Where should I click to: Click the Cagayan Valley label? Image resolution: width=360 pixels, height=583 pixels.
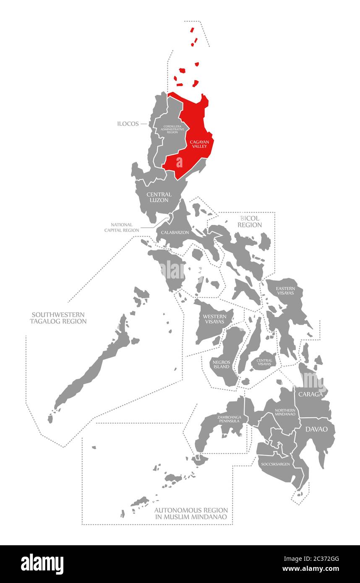coord(200,144)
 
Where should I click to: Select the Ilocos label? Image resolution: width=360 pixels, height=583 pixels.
coord(128,124)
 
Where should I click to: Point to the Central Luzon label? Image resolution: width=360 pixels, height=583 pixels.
coord(159,197)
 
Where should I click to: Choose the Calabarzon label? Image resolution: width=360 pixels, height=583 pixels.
coord(175,232)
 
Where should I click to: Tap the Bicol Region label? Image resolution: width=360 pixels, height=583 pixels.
coord(250,221)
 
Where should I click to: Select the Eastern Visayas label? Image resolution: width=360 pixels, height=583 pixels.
coord(285,291)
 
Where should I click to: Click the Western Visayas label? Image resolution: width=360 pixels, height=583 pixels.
coord(214,319)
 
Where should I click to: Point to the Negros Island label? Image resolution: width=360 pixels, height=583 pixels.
coord(221,364)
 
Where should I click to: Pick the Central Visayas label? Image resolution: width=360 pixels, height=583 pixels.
coord(264,362)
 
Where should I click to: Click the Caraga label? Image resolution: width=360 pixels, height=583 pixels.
coord(310,395)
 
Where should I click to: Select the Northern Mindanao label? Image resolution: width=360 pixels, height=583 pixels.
coord(285,412)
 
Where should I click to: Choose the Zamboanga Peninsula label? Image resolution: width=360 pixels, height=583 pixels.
coord(229,418)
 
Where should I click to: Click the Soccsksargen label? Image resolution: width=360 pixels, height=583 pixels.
coord(275,464)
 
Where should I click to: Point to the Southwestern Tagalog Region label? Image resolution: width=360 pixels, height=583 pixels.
coord(58,318)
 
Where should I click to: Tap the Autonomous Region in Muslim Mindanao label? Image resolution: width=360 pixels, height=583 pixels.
coord(191,513)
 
